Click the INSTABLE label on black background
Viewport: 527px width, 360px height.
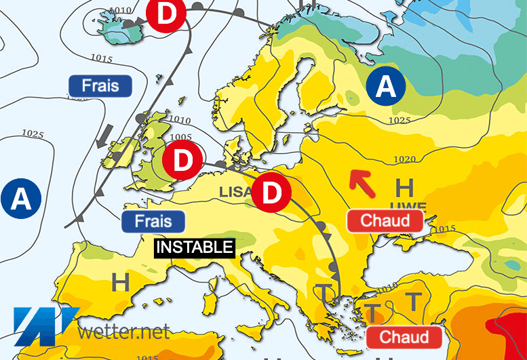195,247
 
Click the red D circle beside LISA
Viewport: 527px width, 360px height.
271,193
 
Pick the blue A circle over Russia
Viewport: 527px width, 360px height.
385,87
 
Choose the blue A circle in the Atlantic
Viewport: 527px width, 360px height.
21,199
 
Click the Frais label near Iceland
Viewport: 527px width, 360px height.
100,86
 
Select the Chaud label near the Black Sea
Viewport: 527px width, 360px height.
385,220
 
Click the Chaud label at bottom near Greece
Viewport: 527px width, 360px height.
404,337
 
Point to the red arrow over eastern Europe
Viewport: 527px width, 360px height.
360,182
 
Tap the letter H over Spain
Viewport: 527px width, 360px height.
120,283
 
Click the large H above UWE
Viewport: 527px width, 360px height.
404,186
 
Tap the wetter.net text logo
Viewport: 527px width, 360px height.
122,332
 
